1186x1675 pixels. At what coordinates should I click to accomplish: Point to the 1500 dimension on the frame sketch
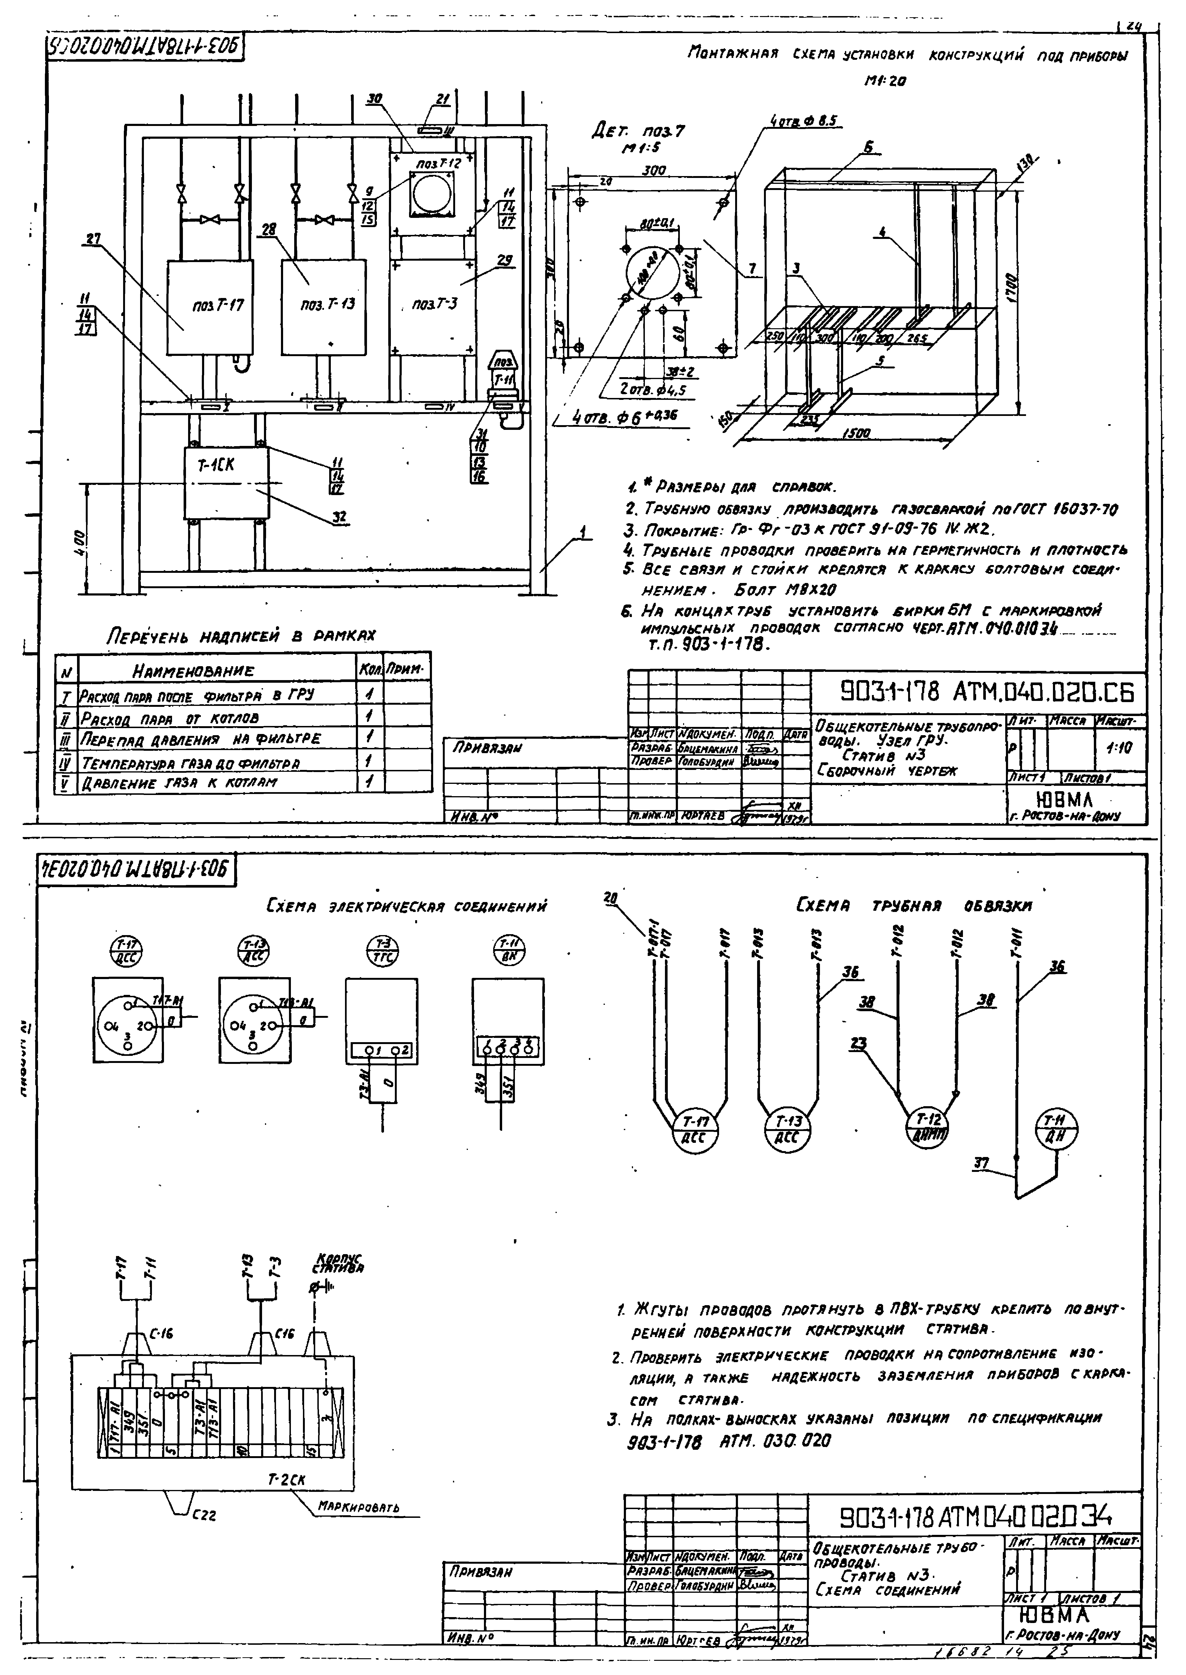(856, 433)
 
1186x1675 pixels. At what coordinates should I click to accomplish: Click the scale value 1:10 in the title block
(1117, 748)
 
